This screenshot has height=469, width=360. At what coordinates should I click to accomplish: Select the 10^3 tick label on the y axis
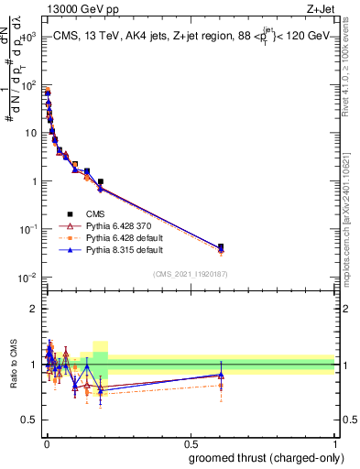click(27, 38)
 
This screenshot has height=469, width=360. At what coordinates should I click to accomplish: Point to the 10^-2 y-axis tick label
click(27, 277)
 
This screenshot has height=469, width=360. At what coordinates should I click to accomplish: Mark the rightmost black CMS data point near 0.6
click(221, 247)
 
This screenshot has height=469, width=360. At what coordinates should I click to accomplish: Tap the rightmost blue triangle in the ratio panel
click(221, 375)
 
